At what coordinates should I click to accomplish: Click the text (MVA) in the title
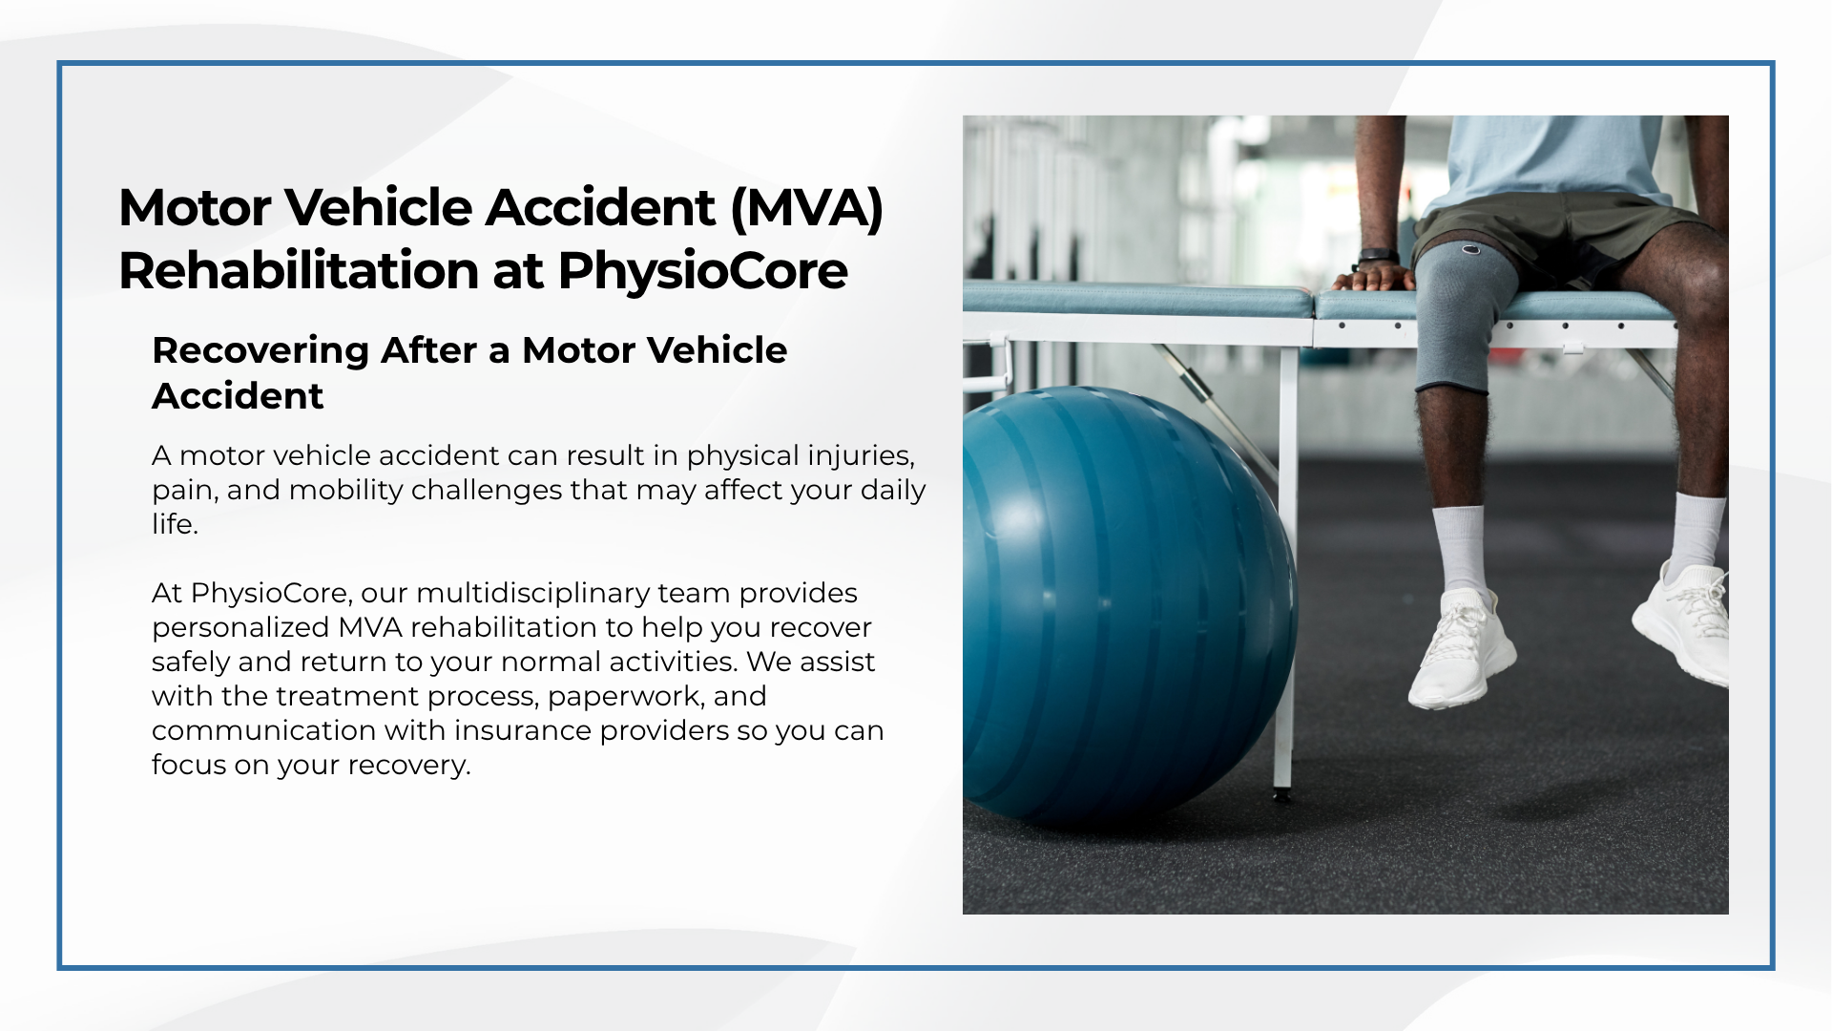pos(806,208)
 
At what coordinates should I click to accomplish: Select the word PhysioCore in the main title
pos(702,271)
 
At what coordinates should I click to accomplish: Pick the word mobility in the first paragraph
pos(346,491)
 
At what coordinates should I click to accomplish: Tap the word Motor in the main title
pos(189,208)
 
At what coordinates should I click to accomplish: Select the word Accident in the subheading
pos(239,396)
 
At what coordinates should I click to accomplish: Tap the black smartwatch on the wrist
pos(1377,257)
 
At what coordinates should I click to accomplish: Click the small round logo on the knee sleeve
pos(1472,251)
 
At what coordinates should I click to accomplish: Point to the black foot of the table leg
pos(1281,793)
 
